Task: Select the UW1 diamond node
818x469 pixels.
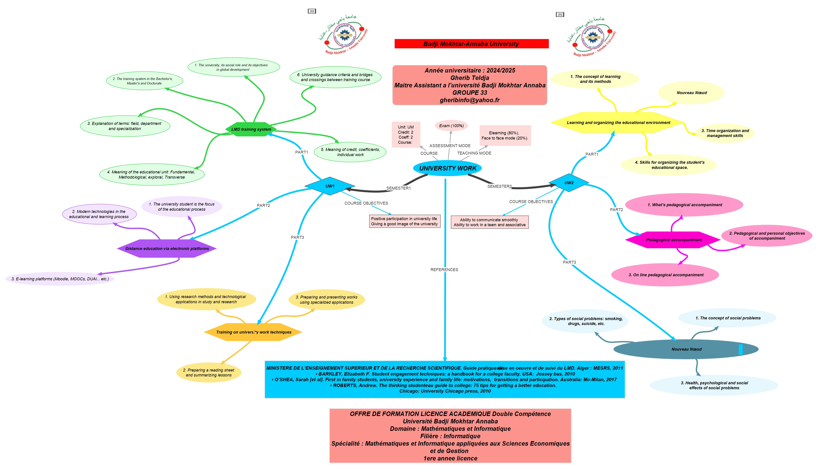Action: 329,186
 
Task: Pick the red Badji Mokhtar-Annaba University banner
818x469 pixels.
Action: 471,44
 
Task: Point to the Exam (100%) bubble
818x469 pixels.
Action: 451,126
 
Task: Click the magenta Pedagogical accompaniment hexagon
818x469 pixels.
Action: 674,240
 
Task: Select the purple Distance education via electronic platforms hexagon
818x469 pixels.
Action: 167,249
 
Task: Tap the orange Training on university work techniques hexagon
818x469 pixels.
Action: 253,332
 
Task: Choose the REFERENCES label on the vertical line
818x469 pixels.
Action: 444,270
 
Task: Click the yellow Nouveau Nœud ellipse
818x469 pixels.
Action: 691,93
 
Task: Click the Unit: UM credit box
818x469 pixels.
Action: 405,135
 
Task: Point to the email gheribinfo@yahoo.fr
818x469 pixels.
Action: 469,100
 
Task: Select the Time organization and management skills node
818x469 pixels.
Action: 725,133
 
